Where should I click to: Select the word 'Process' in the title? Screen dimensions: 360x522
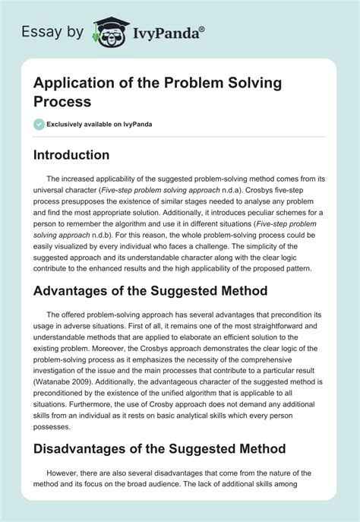pos(62,103)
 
